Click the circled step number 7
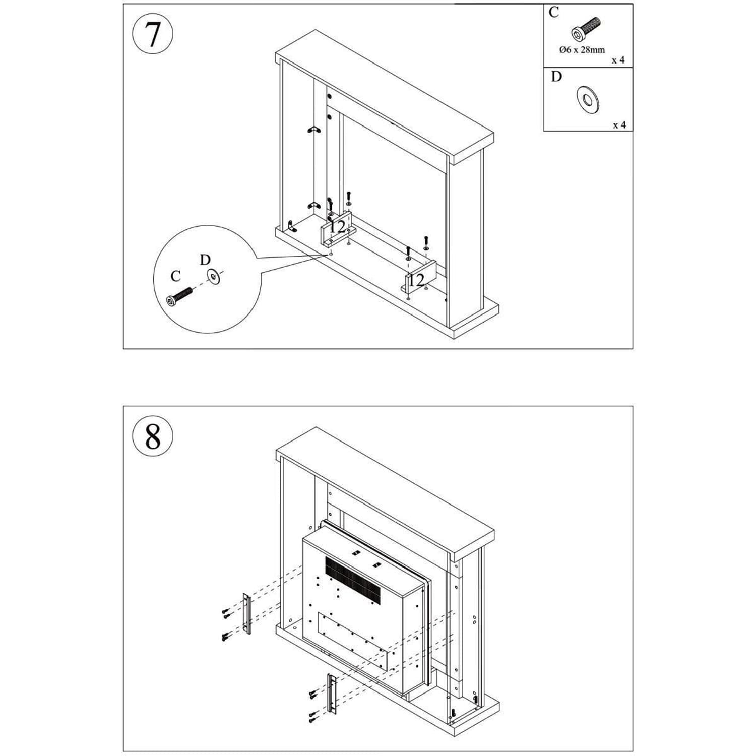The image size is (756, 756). tap(152, 34)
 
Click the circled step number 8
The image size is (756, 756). tap(152, 436)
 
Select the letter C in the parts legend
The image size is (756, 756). tap(554, 12)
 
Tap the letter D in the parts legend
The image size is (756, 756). tap(556, 77)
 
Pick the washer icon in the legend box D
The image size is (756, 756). tap(588, 99)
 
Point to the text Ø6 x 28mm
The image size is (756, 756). tap(582, 50)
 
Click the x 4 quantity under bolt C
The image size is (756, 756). tap(618, 60)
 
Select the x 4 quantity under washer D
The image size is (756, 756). tap(619, 125)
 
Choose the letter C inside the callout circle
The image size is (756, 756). tap(175, 276)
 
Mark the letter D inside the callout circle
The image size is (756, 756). tap(205, 260)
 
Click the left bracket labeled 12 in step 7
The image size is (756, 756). tap(337, 228)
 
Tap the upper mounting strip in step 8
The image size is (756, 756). tap(246, 613)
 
